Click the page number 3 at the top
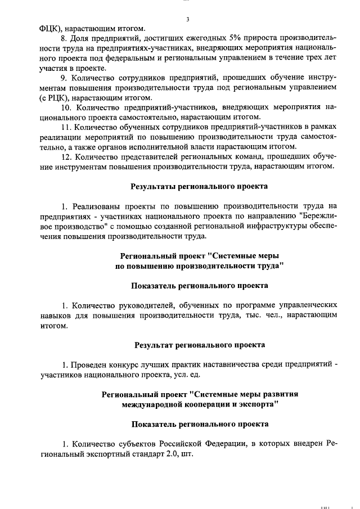pos(187,20)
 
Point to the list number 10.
pos(66,107)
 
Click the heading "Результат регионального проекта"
pos(200,344)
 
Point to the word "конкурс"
pos(118,364)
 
